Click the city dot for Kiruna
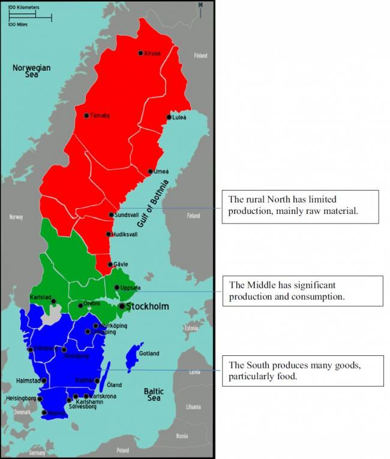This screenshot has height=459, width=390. (x=140, y=53)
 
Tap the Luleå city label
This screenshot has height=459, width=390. (x=179, y=117)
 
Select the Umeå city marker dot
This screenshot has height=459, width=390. (x=151, y=171)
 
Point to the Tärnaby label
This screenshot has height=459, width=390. (x=100, y=116)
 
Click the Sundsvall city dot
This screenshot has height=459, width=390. (x=112, y=215)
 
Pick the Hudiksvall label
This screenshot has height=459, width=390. (x=125, y=234)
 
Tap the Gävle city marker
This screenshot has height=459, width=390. (x=110, y=264)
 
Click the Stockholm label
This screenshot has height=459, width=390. (x=147, y=306)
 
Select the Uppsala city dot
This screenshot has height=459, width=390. (x=117, y=288)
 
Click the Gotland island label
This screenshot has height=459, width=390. (x=149, y=354)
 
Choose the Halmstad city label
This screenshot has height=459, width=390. (x=29, y=381)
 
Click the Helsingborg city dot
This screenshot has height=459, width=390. (x=40, y=398)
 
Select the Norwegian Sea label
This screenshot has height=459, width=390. (x=32, y=72)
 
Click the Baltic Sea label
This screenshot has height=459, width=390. (x=154, y=394)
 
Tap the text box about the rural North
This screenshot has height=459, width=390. (x=300, y=207)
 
